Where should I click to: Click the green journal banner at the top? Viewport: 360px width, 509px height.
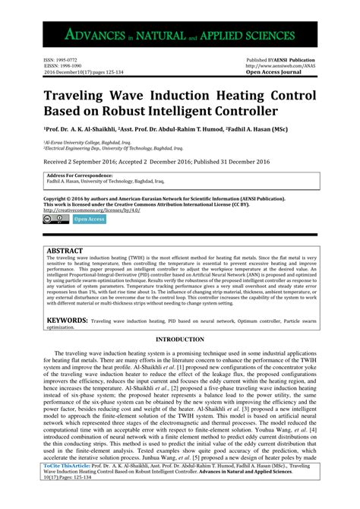[x=179, y=34]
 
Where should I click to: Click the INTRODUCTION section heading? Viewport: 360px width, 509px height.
[x=179, y=339]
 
